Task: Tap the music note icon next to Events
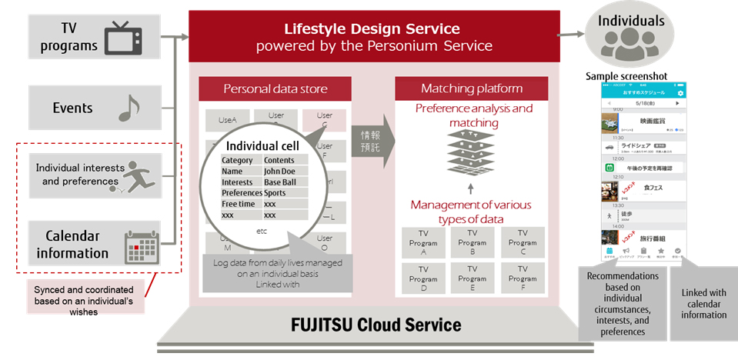(x=129, y=109)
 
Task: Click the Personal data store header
(x=275, y=88)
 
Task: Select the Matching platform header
(x=471, y=88)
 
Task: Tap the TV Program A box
(x=422, y=242)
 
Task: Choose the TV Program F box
(x=522, y=278)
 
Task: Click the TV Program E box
(x=472, y=278)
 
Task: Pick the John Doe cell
(x=286, y=171)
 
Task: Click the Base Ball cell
(x=286, y=182)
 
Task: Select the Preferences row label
(x=242, y=193)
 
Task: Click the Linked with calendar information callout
(x=703, y=302)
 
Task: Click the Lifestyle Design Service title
(x=372, y=29)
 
